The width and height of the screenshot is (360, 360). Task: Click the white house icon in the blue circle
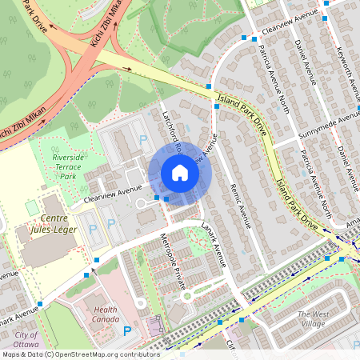(x=180, y=173)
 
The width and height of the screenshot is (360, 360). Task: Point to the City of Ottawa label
(x=25, y=339)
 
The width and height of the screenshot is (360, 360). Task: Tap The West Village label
(x=313, y=318)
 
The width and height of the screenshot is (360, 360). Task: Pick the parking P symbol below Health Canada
(x=126, y=330)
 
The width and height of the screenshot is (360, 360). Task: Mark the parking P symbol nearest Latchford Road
(x=144, y=140)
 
